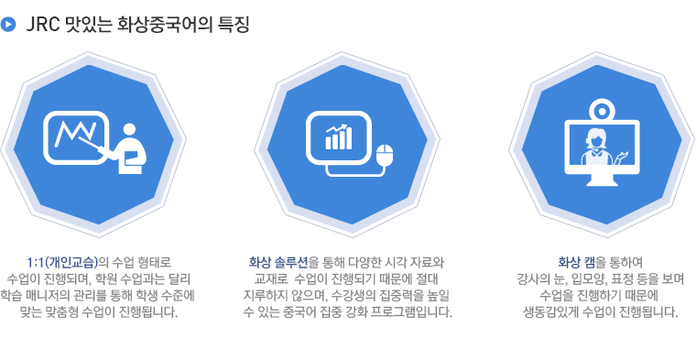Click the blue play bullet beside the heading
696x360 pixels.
point(8,24)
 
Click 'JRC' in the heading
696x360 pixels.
point(43,25)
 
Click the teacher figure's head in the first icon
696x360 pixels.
point(129,129)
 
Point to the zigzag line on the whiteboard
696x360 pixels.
point(75,134)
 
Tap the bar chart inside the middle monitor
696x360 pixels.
point(339,137)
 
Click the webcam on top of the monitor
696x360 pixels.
point(602,109)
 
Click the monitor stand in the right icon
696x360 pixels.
point(602,180)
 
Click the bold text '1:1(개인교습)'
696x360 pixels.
point(62,262)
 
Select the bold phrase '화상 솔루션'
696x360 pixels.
point(277,262)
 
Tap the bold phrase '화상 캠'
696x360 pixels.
point(577,262)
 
